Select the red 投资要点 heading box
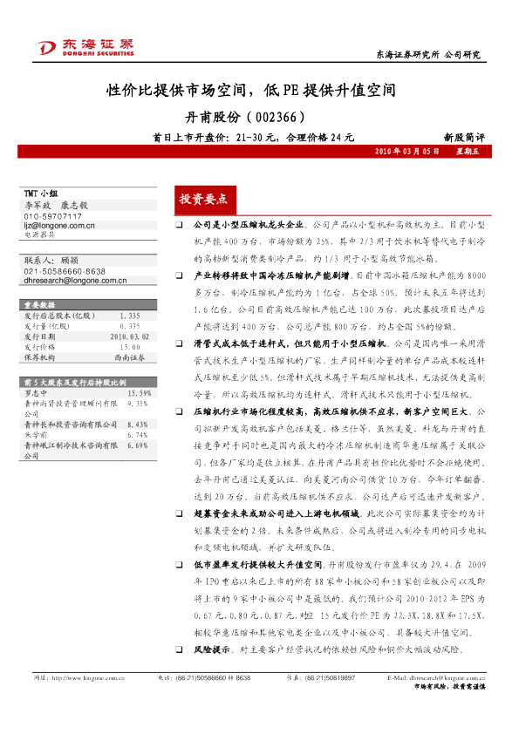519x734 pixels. pyautogui.click(x=202, y=199)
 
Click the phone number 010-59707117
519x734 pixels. pyautogui.click(x=53, y=215)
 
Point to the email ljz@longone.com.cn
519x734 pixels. pyautogui.click(x=59, y=224)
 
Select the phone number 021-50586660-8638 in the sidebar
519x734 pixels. pyautogui.click(x=65, y=272)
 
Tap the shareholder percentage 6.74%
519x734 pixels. pyautogui.click(x=138, y=434)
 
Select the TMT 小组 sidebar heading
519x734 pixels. pyautogui.click(x=41, y=192)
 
